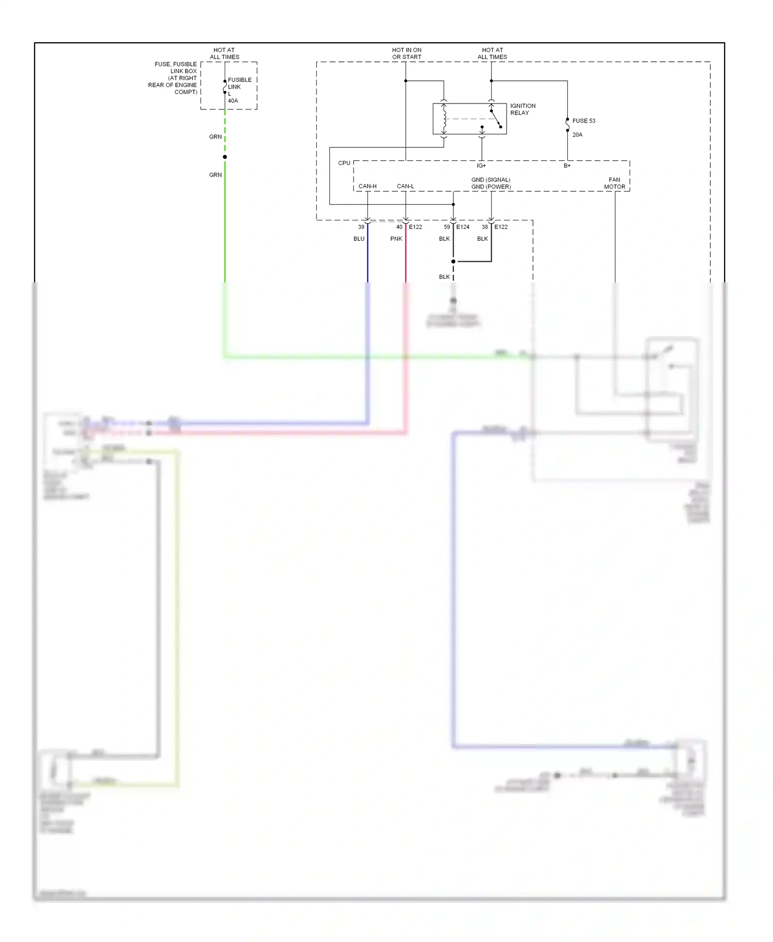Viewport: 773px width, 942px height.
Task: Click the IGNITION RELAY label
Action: [523, 109]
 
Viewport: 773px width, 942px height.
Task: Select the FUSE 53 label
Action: [583, 121]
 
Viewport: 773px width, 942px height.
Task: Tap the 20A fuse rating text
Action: [577, 134]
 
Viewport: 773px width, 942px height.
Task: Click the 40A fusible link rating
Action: [233, 100]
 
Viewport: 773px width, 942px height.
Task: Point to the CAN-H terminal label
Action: [367, 186]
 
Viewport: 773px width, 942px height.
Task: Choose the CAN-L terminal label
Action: [405, 186]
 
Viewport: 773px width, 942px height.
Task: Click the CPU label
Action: [344, 163]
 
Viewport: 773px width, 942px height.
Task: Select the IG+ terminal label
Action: [481, 165]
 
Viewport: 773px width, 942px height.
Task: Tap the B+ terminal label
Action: [567, 165]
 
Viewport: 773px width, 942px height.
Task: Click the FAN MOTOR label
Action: [614, 183]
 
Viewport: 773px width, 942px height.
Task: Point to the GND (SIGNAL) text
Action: [491, 180]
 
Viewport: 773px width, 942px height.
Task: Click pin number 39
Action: [361, 227]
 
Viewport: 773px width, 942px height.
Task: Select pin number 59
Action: [447, 227]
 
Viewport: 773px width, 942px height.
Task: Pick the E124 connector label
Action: [463, 227]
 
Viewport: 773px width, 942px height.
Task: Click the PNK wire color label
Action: [396, 239]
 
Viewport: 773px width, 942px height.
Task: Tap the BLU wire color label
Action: [359, 239]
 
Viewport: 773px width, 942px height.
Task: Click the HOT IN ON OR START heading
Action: [407, 54]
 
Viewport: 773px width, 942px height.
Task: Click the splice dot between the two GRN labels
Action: [225, 157]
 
